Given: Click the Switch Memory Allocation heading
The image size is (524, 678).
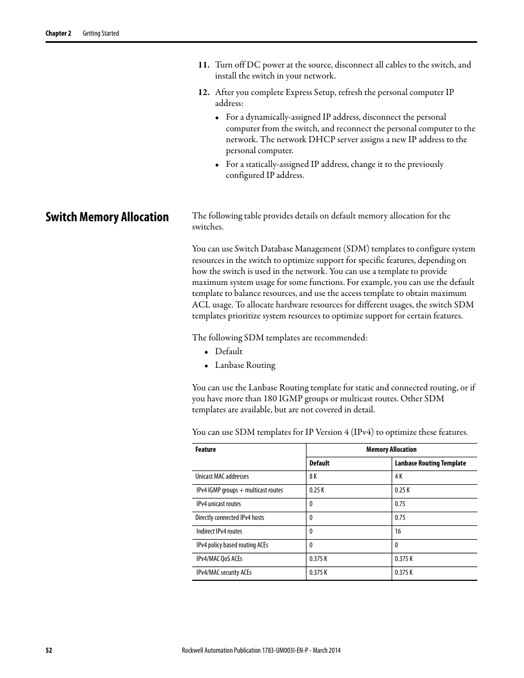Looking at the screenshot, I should tap(107, 217).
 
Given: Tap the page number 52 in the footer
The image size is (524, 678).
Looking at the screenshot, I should tap(49, 651).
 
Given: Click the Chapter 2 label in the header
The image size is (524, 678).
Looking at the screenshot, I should tap(58, 33).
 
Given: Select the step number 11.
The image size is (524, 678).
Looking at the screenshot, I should tap(204, 65).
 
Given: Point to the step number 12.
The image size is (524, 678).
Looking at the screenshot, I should tap(204, 92).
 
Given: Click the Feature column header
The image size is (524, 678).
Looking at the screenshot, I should tap(205, 450).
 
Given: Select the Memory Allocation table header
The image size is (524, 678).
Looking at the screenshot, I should tap(391, 450).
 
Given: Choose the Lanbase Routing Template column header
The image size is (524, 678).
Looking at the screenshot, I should tap(430, 463).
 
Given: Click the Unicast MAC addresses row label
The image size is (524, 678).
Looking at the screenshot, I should tap(222, 477).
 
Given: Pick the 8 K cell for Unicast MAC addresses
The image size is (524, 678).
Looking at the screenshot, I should tap(313, 477).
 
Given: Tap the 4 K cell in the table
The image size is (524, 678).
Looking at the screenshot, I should tap(399, 477).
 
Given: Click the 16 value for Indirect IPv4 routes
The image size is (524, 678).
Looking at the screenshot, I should tap(398, 531).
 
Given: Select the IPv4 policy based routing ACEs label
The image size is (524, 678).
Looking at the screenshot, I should tap(232, 545).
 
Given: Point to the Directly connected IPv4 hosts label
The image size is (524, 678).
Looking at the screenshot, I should tap(230, 518).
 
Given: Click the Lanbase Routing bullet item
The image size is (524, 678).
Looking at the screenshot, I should tap(245, 365).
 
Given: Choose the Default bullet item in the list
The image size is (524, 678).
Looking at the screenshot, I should tap(228, 351).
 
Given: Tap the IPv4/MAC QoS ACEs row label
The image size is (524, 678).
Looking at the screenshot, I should tap(219, 559).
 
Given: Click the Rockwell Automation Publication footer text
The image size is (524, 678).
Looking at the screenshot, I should tap(261, 651).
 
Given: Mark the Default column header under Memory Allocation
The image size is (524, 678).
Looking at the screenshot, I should tap(319, 463).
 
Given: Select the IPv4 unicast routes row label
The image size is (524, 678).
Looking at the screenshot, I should tap(219, 504).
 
